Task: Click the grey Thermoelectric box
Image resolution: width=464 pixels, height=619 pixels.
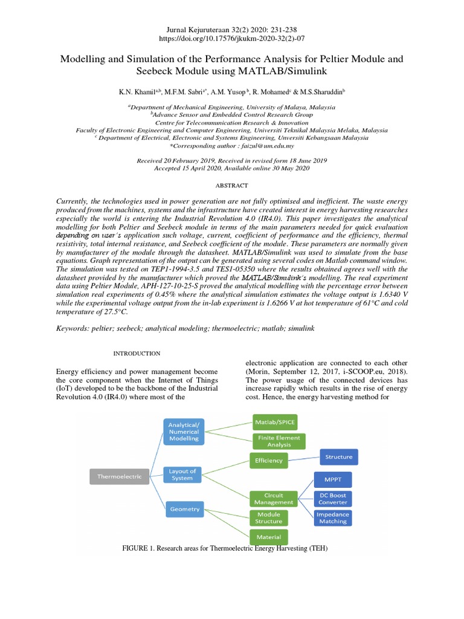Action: coord(120,476)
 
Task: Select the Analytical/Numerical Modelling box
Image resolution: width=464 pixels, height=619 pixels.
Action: coord(183,431)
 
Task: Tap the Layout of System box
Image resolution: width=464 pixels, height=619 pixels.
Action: coord(182,475)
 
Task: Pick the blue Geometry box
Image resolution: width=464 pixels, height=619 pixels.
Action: coord(184,509)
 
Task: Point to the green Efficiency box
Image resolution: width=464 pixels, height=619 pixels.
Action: coord(268,461)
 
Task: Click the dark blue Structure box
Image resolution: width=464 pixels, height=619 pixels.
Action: coord(338,457)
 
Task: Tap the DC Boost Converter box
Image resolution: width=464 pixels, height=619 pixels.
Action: coord(333,499)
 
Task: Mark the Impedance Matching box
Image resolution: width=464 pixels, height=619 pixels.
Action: coord(332,517)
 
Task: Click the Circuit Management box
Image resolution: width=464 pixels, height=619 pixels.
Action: coord(274,499)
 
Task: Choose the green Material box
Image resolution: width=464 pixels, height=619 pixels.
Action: coord(268,536)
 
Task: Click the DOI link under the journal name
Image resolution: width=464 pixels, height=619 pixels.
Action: coord(231,38)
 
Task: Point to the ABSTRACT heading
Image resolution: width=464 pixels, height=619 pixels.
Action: coord(231,186)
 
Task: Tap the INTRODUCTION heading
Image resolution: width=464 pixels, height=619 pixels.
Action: coord(137,353)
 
